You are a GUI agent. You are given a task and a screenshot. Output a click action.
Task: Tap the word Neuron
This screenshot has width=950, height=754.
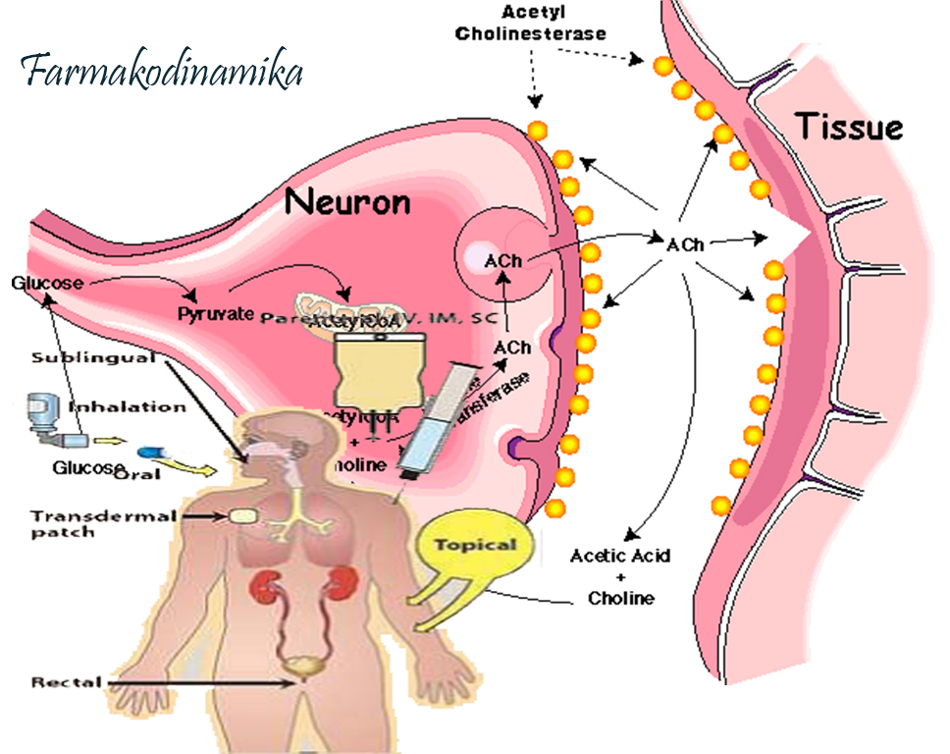click(346, 202)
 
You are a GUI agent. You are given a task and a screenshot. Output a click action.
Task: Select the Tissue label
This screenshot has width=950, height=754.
click(848, 127)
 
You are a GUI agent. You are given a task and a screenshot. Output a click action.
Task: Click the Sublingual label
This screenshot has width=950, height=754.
click(93, 357)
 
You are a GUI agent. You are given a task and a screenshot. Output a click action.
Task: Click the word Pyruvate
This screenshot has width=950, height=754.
click(216, 314)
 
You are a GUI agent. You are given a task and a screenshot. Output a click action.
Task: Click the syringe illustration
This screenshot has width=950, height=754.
click(433, 422)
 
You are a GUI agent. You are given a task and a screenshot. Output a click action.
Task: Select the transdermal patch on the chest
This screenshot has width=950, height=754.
click(241, 514)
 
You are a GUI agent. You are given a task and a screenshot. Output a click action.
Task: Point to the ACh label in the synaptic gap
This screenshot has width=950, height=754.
click(684, 244)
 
